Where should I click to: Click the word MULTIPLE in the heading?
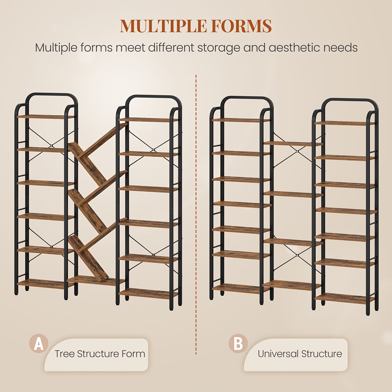click(163, 26)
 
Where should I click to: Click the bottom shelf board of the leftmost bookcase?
click(46, 283)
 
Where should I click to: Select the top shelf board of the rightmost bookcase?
click(345, 123)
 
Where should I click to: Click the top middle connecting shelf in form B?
click(293, 144)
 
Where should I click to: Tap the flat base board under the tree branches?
click(95, 281)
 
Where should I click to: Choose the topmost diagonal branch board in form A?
click(103, 141)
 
